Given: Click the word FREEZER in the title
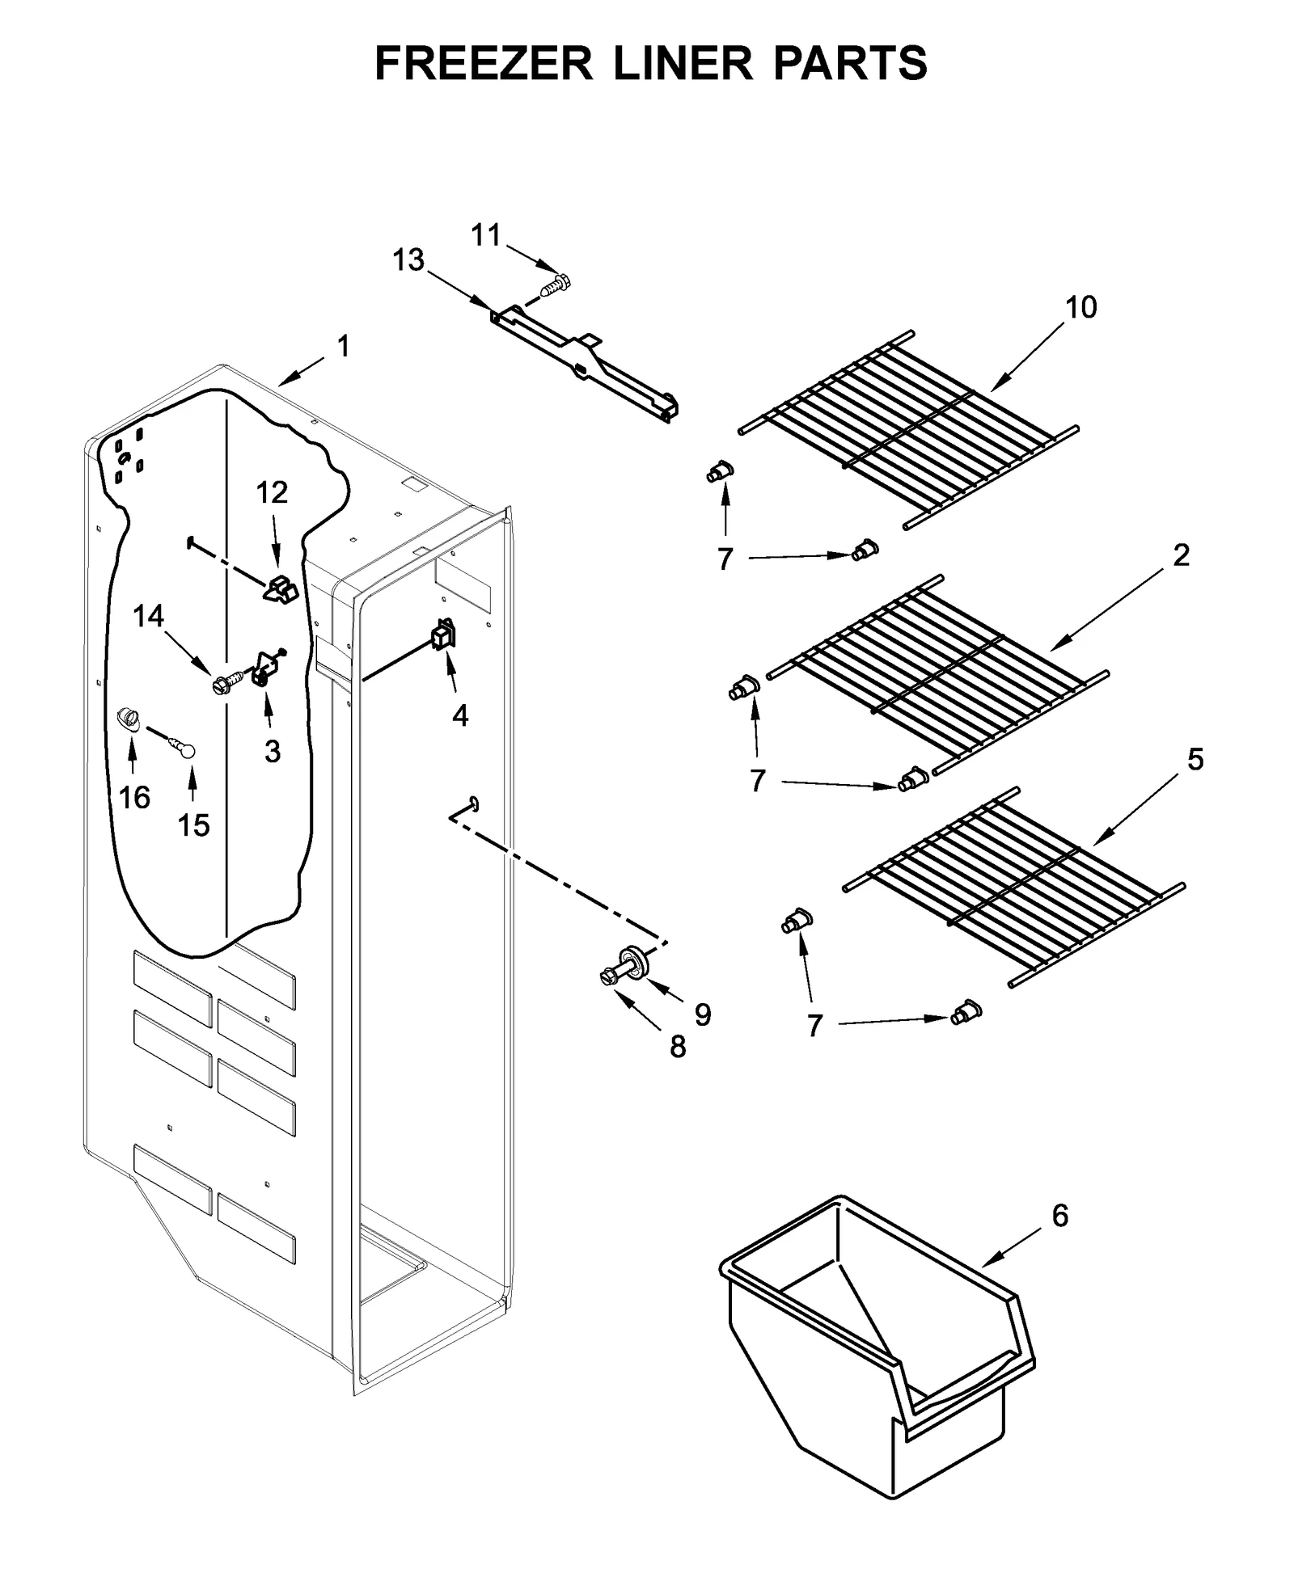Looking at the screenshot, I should tap(484, 63).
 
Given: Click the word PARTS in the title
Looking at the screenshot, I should tap(850, 63).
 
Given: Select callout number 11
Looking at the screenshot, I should tap(485, 235).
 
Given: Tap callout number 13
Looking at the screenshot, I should tap(408, 260).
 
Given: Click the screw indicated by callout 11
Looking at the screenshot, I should tap(556, 285).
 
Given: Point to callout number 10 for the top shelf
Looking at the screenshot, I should tap(1081, 307).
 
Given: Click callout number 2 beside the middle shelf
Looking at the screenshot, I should tap(1181, 555).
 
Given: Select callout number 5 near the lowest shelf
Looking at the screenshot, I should tap(1195, 759).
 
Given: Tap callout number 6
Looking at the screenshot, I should tap(1060, 1215).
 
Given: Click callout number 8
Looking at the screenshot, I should tap(678, 1047).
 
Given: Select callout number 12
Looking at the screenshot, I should tap(272, 492).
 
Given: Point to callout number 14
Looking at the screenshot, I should tap(148, 617).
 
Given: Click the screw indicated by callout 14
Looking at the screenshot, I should tap(220, 685).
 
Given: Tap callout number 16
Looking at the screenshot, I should tap(134, 798).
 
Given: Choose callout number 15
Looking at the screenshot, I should tap(193, 825).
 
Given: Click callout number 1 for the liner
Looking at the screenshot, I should tap(344, 346).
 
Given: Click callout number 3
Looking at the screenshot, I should tap(273, 751).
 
